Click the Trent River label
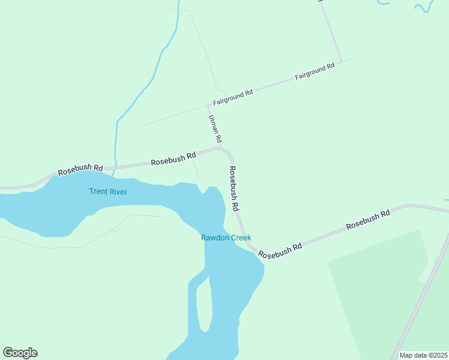coord(108,191)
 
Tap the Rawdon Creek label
coord(226,238)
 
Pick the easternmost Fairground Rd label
coord(315,72)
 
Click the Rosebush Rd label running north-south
coord(234,188)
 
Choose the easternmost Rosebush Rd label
coord(368,220)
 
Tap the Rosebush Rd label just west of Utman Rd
coord(173,159)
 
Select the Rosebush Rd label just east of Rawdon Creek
coord(280,251)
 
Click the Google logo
coord(20,352)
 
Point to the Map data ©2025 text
coord(423,355)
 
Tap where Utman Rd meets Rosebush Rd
coord(220,148)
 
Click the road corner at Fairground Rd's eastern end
coord(341,61)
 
